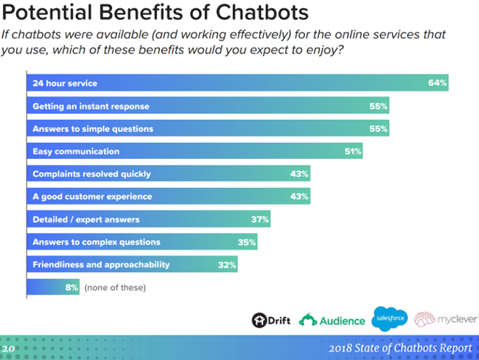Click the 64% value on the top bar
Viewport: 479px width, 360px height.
click(x=437, y=83)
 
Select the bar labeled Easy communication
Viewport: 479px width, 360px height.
click(x=195, y=152)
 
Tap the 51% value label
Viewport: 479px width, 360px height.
click(x=352, y=152)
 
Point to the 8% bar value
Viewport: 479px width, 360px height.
click(x=71, y=287)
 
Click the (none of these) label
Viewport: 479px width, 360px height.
click(x=115, y=287)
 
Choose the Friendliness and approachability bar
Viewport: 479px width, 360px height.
click(x=133, y=264)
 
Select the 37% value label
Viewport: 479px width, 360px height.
click(x=259, y=219)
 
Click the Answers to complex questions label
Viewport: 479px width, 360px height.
click(x=97, y=242)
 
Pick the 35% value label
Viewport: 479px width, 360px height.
click(x=247, y=242)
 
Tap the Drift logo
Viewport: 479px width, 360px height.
click(x=270, y=320)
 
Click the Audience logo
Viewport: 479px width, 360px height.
click(x=332, y=320)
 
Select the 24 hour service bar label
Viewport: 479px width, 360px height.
click(x=65, y=83)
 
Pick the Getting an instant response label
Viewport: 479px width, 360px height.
click(x=91, y=106)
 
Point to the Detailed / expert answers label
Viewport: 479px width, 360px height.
click(x=86, y=219)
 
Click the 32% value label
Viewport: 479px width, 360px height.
click(x=226, y=264)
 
